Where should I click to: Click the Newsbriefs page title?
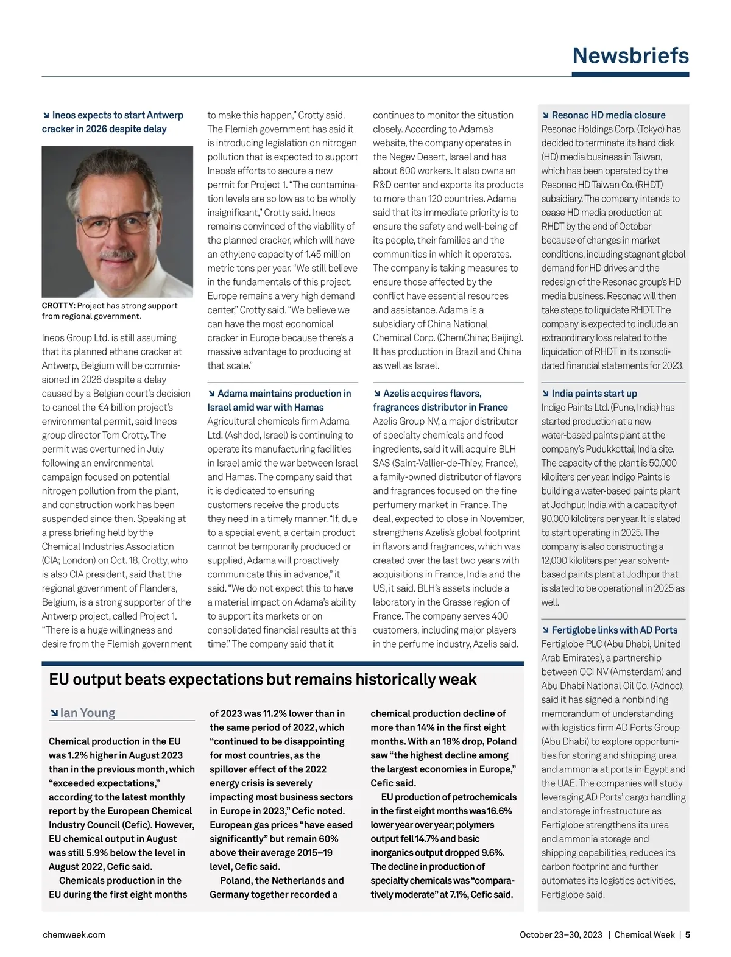[x=630, y=55]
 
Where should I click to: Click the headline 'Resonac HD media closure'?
[x=608, y=115]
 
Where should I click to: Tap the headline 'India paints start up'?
[x=594, y=394]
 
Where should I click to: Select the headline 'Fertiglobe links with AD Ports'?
[x=614, y=630]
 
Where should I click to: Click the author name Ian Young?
[x=87, y=713]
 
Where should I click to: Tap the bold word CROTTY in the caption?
[x=58, y=306]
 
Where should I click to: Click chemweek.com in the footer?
[x=74, y=934]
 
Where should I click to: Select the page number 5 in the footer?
[x=687, y=934]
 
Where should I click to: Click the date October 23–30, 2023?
[x=560, y=934]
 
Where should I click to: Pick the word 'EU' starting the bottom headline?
[x=58, y=679]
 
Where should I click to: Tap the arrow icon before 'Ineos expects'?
[x=46, y=115]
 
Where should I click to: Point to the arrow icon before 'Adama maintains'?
[x=211, y=394]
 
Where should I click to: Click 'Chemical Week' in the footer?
[x=644, y=934]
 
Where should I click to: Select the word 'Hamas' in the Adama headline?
[x=309, y=408]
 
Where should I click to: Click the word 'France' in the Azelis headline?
[x=493, y=408]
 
